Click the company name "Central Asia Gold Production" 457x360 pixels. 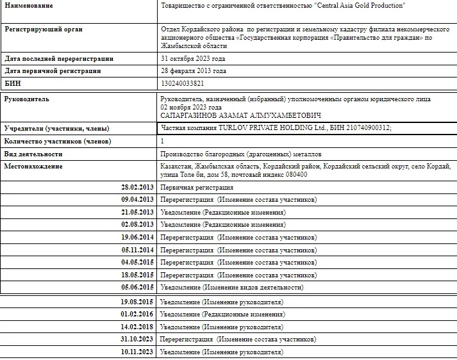(x=351, y=6)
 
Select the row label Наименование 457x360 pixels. (x=29, y=6)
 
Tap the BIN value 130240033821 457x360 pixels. (x=183, y=83)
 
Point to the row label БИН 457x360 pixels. (x=13, y=83)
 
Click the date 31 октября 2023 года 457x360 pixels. (x=193, y=59)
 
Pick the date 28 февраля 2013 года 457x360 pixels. (x=193, y=71)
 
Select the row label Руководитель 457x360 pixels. (x=27, y=99)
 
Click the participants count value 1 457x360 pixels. (x=162, y=141)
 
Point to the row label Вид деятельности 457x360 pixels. (x=34, y=154)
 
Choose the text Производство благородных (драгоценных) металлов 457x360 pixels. (x=240, y=154)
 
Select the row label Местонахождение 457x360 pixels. (x=33, y=167)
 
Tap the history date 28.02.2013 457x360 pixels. (x=137, y=187)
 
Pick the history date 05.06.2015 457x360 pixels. (x=137, y=287)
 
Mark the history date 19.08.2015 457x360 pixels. (x=137, y=301)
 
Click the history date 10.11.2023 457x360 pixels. (x=137, y=352)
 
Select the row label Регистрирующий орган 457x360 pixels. (x=44, y=29)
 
